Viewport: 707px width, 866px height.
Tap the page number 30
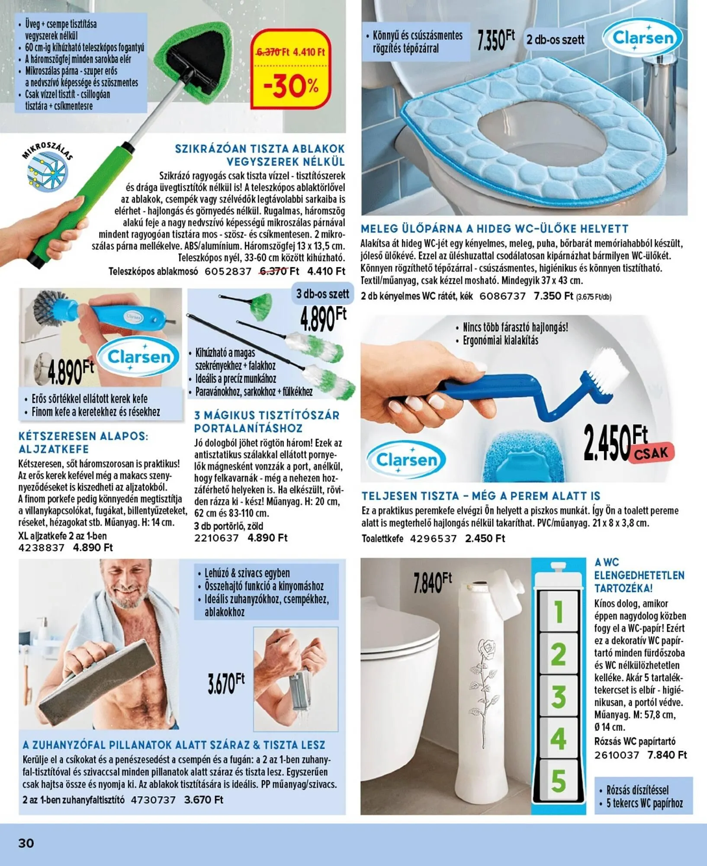click(x=26, y=843)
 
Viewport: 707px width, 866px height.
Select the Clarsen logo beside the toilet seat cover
click(x=643, y=38)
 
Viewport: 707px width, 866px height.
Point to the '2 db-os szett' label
click(x=555, y=40)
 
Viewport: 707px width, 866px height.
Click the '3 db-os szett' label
click(x=322, y=294)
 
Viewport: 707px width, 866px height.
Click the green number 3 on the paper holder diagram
click(x=559, y=697)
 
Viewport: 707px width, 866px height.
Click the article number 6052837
click(x=228, y=271)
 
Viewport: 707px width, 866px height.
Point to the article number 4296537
click(x=433, y=539)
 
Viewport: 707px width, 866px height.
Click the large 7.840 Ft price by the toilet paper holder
click(x=432, y=583)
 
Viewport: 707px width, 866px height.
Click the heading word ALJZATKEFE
click(x=54, y=449)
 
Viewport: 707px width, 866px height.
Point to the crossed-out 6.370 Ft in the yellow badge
click(x=273, y=52)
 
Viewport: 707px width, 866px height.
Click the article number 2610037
click(x=617, y=755)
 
